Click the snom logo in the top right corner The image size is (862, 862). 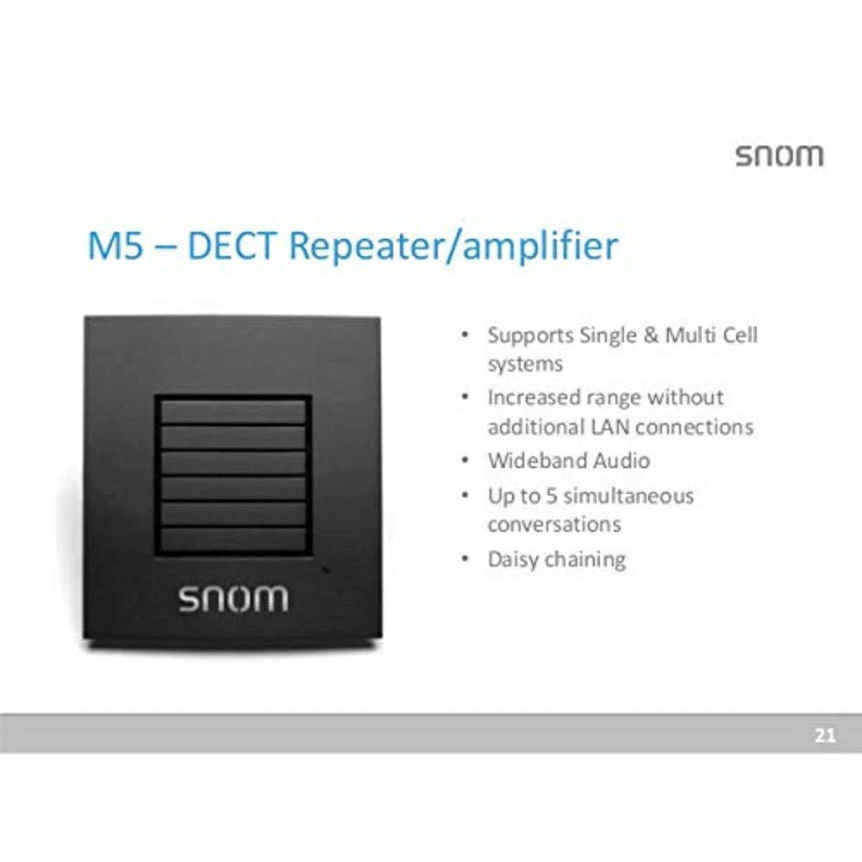(779, 155)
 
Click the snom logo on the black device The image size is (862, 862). (233, 598)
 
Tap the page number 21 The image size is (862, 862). (825, 735)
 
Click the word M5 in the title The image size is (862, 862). (115, 246)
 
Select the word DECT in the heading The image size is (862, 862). (231, 246)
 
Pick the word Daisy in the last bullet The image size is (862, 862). (514, 560)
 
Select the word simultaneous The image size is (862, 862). (629, 496)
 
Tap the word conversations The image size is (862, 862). (554, 524)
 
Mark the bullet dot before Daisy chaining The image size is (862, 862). (465, 559)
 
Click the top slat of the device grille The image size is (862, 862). (233, 412)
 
